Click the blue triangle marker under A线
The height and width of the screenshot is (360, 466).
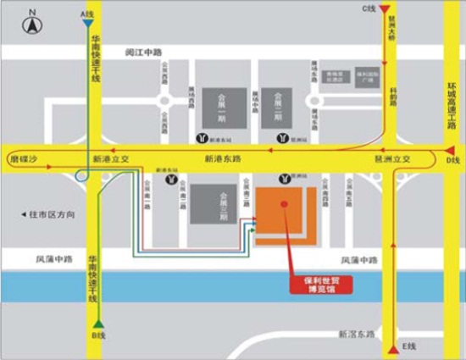[x=88, y=25]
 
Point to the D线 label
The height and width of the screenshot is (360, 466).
[x=452, y=160]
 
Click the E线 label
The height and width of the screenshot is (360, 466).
[x=410, y=348]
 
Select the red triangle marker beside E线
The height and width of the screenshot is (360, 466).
[x=393, y=347]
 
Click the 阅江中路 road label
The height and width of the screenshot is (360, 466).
[x=142, y=52]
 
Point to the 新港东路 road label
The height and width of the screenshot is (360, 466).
[x=224, y=158]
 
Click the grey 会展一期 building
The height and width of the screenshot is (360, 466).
[x=225, y=108]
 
